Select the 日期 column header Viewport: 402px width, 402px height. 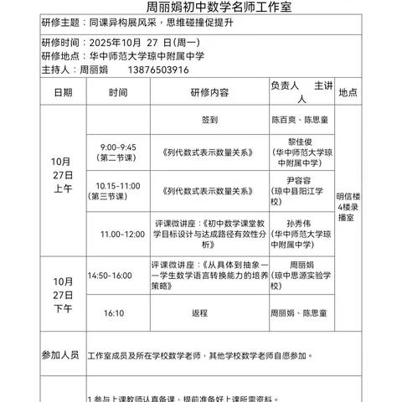click(x=63, y=92)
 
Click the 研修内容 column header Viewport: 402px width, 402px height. click(x=209, y=92)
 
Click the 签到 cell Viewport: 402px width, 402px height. click(x=209, y=119)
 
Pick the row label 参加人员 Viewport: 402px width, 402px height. click(x=60, y=355)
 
